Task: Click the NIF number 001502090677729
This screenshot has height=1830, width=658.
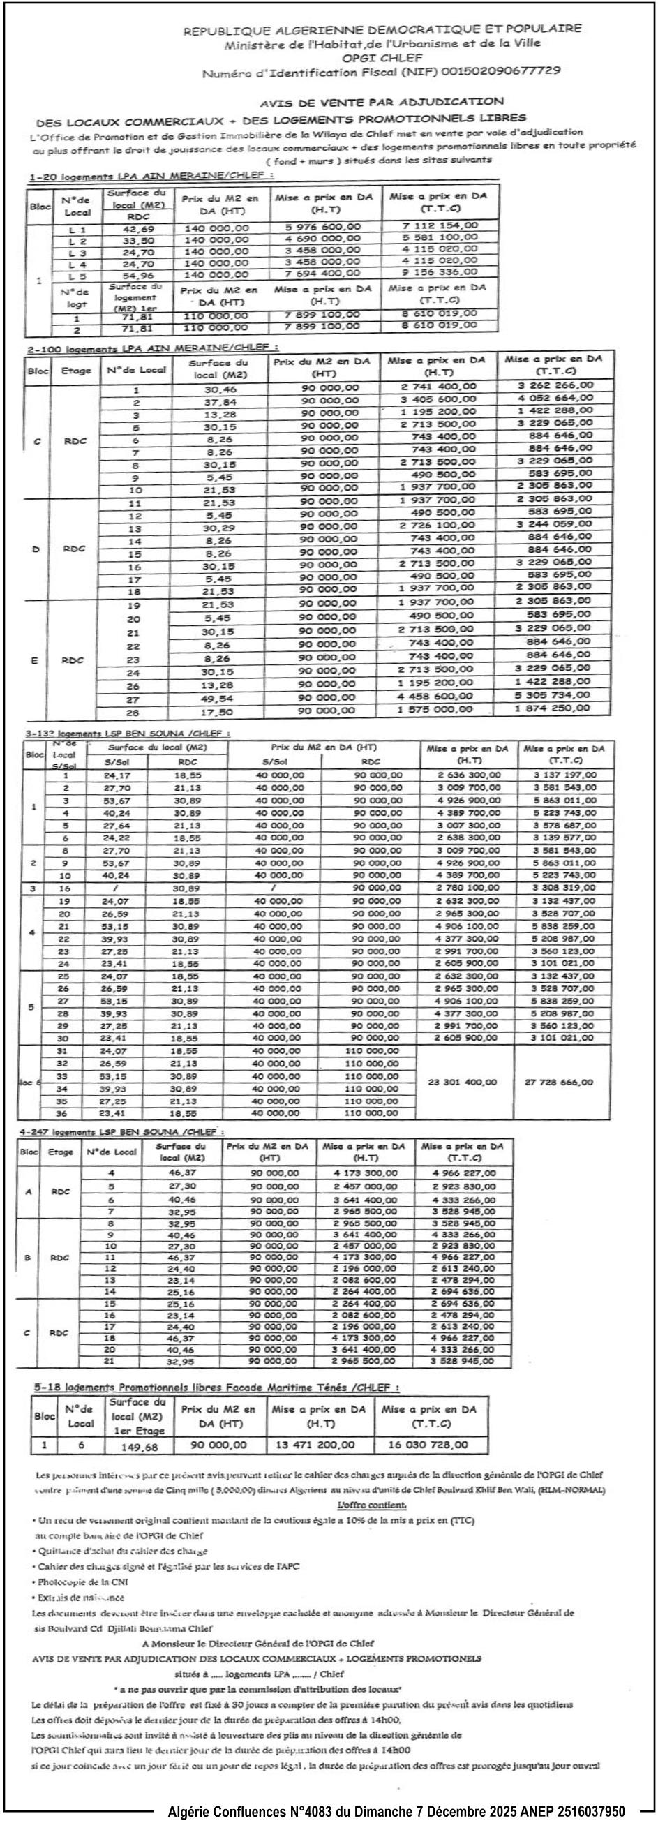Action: [x=501, y=71]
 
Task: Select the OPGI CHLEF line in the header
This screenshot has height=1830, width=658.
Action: [x=382, y=57]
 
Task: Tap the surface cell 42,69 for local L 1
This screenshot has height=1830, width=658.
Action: [x=138, y=229]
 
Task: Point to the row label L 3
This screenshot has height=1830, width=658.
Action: [x=77, y=253]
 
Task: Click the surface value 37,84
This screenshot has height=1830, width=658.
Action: [x=219, y=402]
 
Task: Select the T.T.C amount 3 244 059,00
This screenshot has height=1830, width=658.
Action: [x=553, y=524]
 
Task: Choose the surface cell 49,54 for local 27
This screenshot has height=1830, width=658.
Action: [x=217, y=699]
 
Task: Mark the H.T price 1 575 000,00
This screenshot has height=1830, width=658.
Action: [x=434, y=709]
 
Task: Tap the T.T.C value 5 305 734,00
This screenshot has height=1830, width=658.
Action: [x=552, y=694]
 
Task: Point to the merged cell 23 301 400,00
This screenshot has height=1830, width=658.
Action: [x=463, y=1082]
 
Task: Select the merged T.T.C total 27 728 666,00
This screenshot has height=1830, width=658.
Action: [x=558, y=1082]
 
